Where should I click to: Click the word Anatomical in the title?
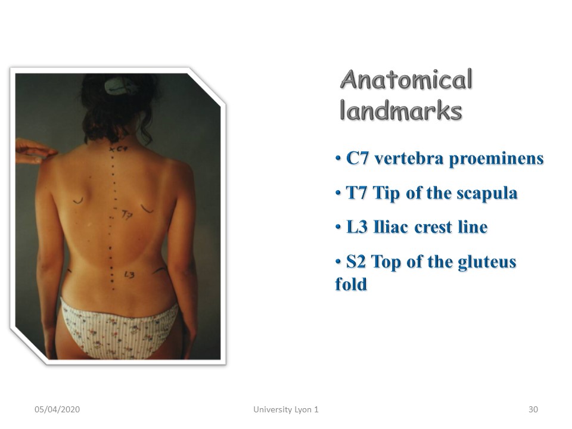pyautogui.click(x=406, y=79)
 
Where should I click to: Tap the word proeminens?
pyautogui.click(x=496, y=159)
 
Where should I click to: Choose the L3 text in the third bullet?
pyautogui.click(x=357, y=227)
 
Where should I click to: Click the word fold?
pyautogui.click(x=351, y=284)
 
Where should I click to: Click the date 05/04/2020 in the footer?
pyautogui.click(x=57, y=409)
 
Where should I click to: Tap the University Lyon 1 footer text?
pyautogui.click(x=286, y=410)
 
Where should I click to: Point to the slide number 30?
pyautogui.click(x=533, y=409)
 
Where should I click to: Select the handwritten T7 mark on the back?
pyautogui.click(x=126, y=215)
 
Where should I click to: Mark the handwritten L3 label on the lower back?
pyautogui.click(x=129, y=274)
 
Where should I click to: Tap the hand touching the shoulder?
pyautogui.click(x=35, y=151)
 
